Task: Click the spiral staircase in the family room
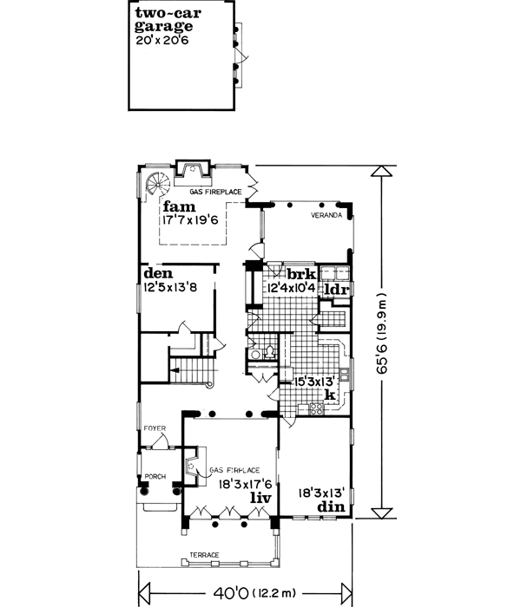point(156,184)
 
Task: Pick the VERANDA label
point(333,214)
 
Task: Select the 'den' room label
point(155,273)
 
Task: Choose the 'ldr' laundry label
point(336,290)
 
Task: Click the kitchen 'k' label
point(329,395)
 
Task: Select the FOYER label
point(155,428)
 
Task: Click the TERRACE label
point(201,554)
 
